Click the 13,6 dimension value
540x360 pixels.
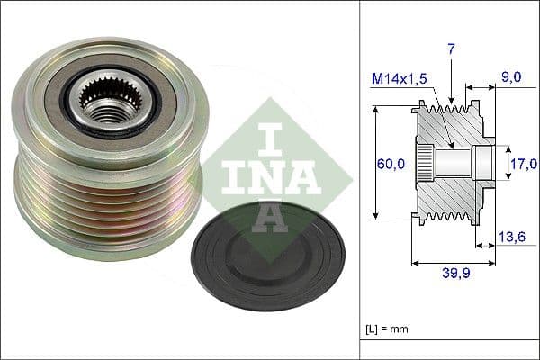point(512,238)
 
